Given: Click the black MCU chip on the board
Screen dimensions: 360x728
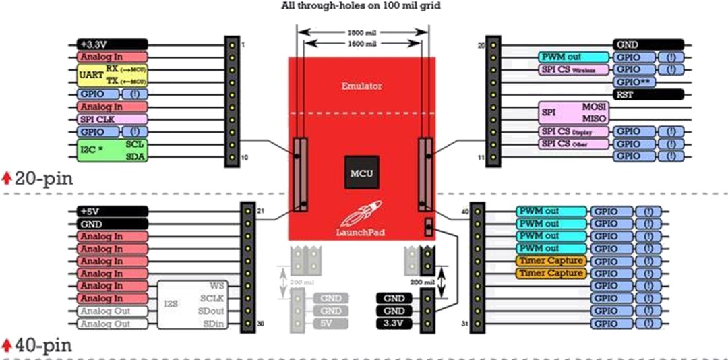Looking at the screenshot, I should pyautogui.click(x=361, y=173).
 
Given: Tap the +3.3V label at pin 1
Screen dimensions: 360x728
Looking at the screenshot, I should pyautogui.click(x=112, y=44).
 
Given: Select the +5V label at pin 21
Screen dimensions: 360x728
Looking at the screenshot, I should pyautogui.click(x=112, y=211).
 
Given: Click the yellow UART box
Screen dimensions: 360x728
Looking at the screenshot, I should pyautogui.click(x=112, y=76).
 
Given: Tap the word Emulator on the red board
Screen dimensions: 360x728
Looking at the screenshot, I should pyautogui.click(x=361, y=86).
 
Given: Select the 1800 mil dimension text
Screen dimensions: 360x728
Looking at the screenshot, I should pyautogui.click(x=362, y=32).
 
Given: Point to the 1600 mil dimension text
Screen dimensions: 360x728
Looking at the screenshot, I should pyautogui.click(x=362, y=44).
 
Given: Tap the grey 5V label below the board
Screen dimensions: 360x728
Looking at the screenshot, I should pyautogui.click(x=330, y=324).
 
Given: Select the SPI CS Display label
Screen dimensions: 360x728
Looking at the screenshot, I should pyautogui.click(x=573, y=131).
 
